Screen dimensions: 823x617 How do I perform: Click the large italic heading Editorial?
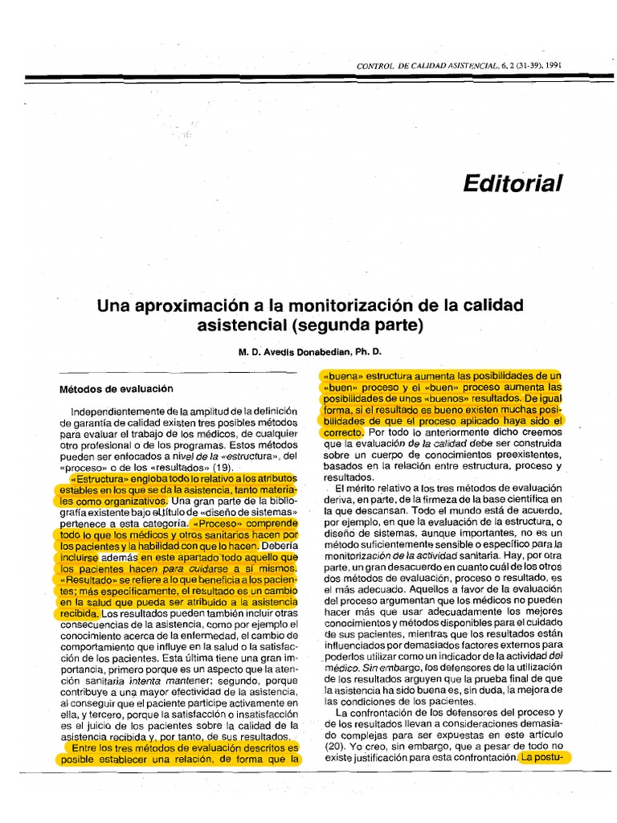(513, 183)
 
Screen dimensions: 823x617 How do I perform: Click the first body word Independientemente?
(116, 412)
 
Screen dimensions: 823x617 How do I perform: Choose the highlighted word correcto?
(344, 432)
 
